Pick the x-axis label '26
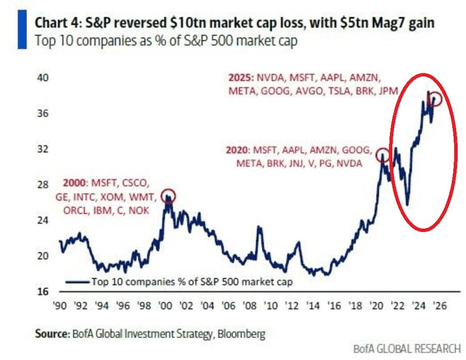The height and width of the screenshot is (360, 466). point(439,305)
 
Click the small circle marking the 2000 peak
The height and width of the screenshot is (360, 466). point(168,195)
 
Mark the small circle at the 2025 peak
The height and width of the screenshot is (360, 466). point(435,99)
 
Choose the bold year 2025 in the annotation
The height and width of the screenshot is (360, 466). point(239,77)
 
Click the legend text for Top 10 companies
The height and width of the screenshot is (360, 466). point(191,282)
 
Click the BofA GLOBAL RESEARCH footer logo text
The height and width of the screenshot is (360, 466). point(407,349)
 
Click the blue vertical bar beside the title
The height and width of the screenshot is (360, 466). point(22,30)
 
